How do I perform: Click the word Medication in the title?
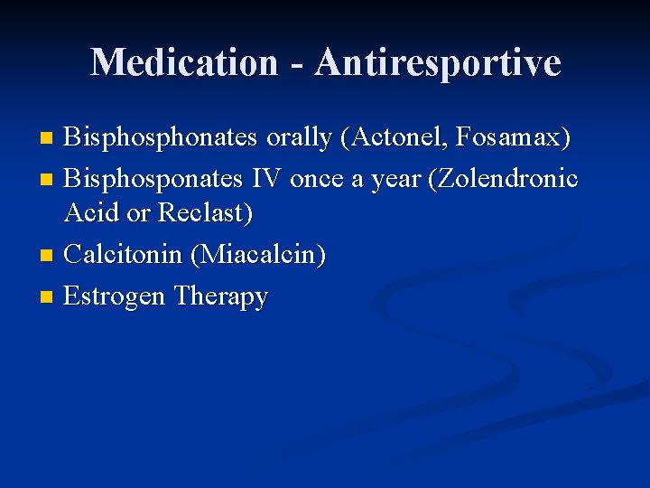184,62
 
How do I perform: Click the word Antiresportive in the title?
438,62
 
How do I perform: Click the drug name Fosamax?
511,139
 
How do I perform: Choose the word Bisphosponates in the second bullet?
154,179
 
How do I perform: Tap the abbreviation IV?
267,179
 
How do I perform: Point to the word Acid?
90,214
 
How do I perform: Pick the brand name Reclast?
206,214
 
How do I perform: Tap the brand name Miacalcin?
258,255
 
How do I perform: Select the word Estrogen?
115,296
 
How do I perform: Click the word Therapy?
220,296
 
